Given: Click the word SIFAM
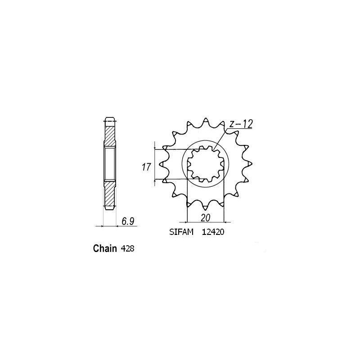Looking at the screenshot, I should (x=178, y=233).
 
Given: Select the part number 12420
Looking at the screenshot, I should (x=213, y=233).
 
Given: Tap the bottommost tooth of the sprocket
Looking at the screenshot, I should (x=205, y=208).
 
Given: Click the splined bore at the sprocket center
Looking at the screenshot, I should (x=205, y=164).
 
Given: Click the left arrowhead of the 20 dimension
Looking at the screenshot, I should (x=188, y=221).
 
